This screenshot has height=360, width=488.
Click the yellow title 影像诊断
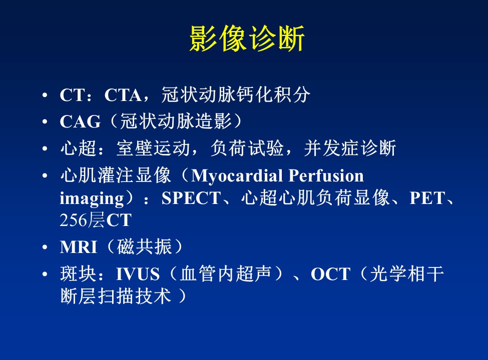[247, 38]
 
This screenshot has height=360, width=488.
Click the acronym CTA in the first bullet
[123, 95]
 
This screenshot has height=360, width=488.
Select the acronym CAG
[80, 121]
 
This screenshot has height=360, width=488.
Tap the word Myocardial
[237, 175]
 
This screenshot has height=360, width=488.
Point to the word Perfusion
[326, 175]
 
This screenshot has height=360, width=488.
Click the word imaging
[92, 198]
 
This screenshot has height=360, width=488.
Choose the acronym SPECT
[191, 198]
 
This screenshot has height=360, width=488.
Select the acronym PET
[427, 198]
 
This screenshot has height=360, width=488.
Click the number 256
[73, 220]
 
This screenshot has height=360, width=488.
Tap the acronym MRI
[79, 247]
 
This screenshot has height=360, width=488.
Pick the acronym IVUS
[138, 274]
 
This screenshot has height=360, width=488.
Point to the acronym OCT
[330, 274]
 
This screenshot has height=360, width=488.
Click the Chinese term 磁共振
[145, 247]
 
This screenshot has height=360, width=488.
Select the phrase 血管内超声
[225, 273]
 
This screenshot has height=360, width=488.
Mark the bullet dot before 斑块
[45, 274]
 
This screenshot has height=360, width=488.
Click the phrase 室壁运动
[153, 148]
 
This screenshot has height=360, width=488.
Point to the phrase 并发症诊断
[350, 148]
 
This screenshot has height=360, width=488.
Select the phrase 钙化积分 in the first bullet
[273, 94]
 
